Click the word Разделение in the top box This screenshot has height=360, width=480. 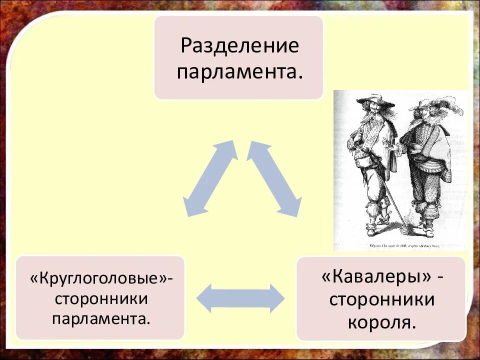pyautogui.click(x=239, y=46)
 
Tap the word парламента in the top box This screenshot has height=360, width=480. pyautogui.click(x=239, y=72)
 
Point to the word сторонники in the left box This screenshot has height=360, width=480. pyautogui.click(x=101, y=299)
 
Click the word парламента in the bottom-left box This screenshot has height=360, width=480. pyautogui.click(x=101, y=318)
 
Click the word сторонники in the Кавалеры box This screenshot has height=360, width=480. pyautogui.click(x=381, y=300)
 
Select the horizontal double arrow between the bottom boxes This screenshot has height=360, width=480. pyautogui.click(x=240, y=298)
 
